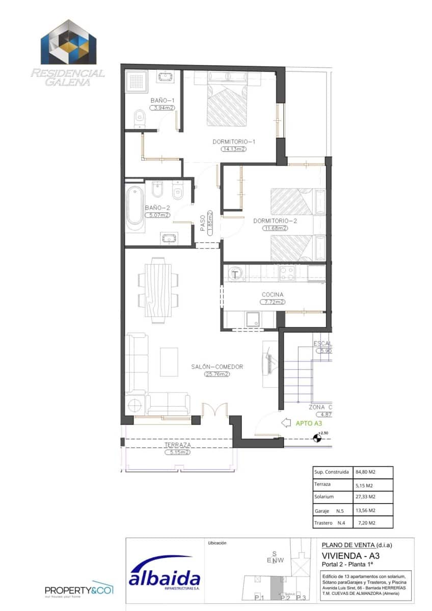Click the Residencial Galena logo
tap(68, 53)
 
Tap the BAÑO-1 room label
tap(162, 100)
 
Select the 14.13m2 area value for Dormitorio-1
tap(234, 149)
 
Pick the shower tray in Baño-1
tap(137, 81)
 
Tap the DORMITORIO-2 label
tap(275, 221)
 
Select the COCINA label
tap(273, 294)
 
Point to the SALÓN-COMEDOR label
tap(217, 367)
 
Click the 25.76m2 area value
tap(217, 374)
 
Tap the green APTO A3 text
tap(308, 423)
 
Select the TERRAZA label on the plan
tap(177, 445)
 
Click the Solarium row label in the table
tap(324, 497)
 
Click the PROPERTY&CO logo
tap(79, 590)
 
